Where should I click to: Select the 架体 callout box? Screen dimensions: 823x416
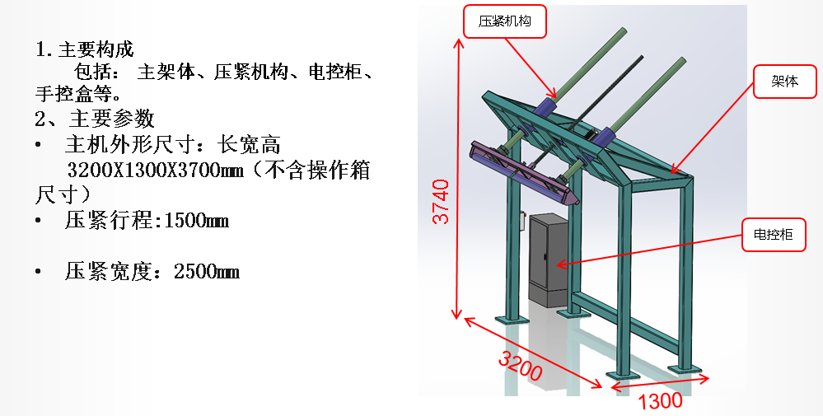pyautogui.click(x=784, y=82)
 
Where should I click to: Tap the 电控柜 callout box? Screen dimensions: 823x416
pyautogui.click(x=774, y=235)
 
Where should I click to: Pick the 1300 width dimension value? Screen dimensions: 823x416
pyautogui.click(x=660, y=400)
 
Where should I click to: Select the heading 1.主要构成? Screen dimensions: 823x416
pyautogui.click(x=84, y=49)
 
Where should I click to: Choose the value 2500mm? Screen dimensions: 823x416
pyautogui.click(x=207, y=271)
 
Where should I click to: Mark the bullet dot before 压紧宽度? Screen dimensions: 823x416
pyautogui.click(x=39, y=271)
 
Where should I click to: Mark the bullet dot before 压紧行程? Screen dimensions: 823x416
pyautogui.click(x=39, y=221)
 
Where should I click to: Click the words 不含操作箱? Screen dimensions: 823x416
pyautogui.click(x=322, y=171)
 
